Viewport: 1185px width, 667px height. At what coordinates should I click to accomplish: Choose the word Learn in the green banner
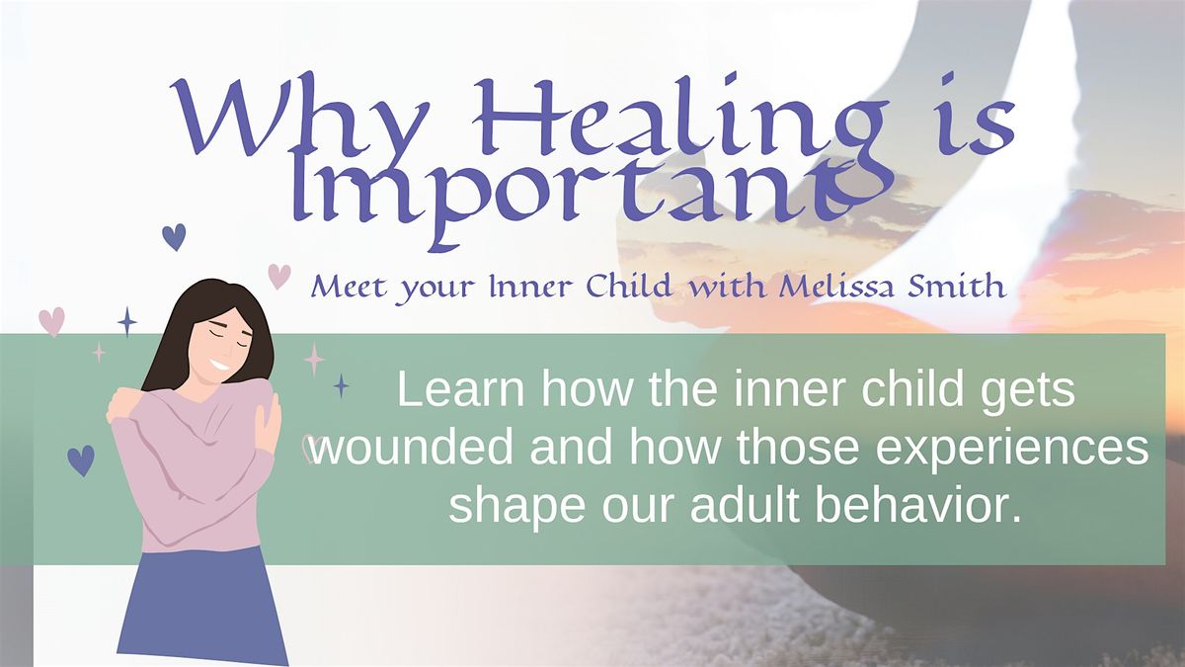pos(460,389)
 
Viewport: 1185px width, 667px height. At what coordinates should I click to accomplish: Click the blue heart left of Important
pos(174,236)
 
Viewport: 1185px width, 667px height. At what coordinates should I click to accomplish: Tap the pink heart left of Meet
pos(279,277)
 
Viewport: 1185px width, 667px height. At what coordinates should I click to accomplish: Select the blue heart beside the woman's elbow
pos(81,460)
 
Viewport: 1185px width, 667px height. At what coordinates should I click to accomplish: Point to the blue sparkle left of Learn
pos(342,385)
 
